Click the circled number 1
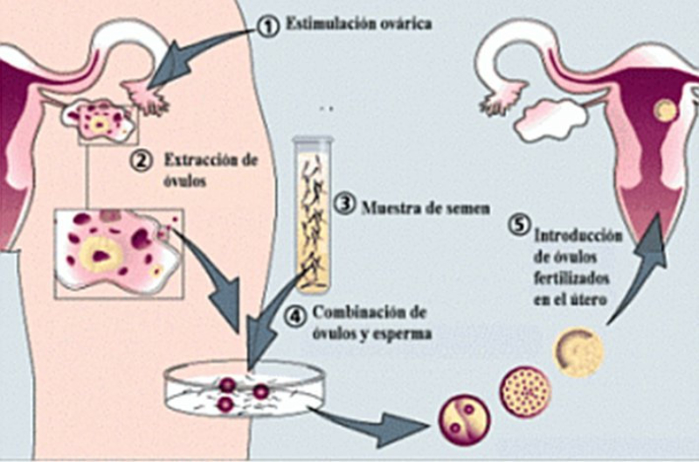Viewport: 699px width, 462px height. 272,25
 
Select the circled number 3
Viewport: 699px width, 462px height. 347,206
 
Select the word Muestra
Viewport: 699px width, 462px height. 385,207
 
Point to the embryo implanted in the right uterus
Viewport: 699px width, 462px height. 667,111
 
